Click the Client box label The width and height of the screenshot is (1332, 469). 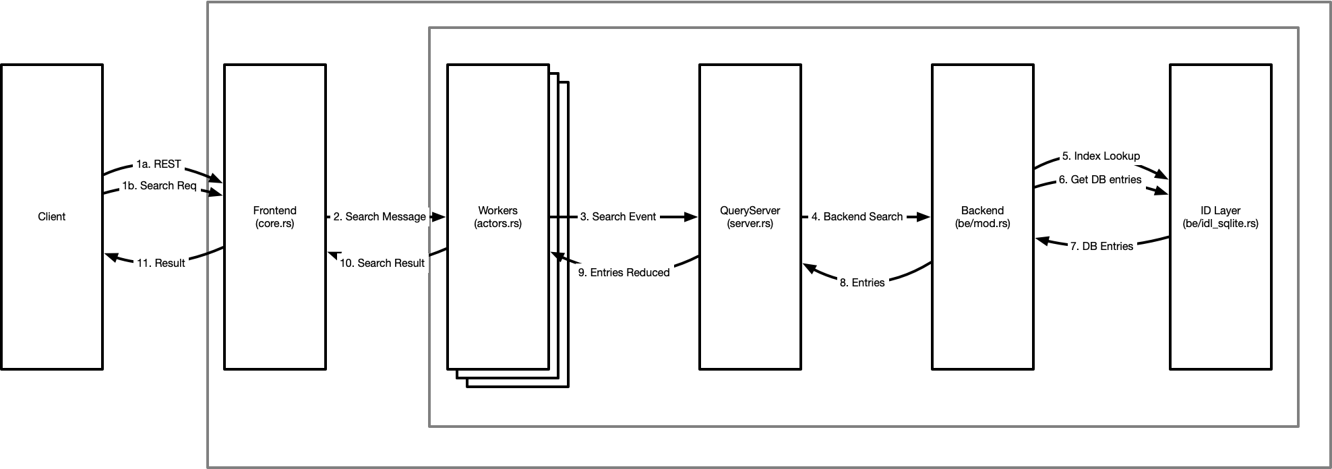52,216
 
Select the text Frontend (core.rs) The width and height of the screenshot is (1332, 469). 275,216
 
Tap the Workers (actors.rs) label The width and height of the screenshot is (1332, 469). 498,216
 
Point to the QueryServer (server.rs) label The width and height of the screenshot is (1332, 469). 750,216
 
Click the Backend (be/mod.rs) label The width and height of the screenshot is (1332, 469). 983,216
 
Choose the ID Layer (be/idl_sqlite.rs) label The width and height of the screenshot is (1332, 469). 1221,216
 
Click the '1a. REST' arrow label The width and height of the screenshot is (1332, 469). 158,164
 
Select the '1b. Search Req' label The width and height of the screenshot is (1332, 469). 159,185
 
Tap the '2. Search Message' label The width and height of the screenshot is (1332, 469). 380,216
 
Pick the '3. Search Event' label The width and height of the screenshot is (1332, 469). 618,216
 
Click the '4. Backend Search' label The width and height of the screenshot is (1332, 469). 857,216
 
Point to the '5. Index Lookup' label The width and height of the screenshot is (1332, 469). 1101,156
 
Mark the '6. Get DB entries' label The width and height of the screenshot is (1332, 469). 1100,179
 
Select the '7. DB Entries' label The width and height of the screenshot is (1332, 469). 1102,246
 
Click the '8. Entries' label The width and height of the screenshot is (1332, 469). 862,282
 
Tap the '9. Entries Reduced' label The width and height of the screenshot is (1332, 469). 624,272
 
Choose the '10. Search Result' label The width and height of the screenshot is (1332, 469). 382,263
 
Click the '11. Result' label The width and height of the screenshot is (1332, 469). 161,263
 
